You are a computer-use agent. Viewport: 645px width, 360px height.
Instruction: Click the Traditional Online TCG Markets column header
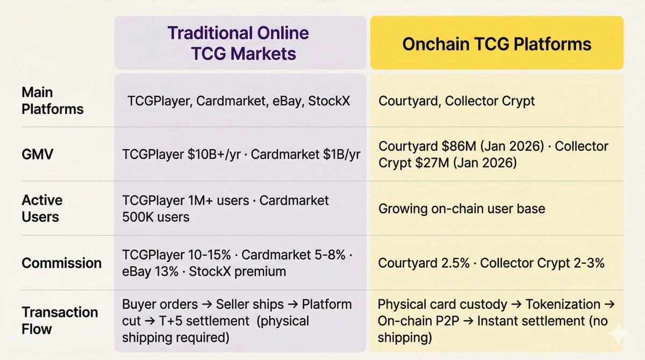(238, 43)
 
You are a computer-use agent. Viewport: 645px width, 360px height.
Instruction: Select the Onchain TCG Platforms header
(497, 44)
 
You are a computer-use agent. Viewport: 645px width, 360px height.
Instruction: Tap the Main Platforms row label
(52, 100)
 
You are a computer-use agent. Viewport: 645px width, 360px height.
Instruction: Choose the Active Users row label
(42, 208)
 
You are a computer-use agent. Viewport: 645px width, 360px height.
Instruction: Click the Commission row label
(61, 263)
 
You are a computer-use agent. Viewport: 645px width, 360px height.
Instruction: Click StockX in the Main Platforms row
(329, 100)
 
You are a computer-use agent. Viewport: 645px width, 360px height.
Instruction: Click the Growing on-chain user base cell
(461, 208)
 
